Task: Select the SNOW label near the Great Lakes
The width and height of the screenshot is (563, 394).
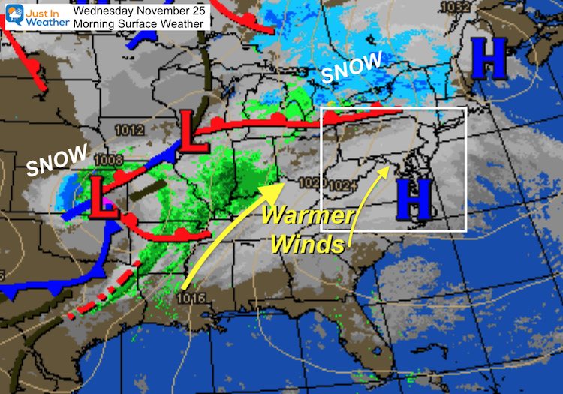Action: (x=351, y=68)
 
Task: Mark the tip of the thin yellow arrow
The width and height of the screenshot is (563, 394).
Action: (x=389, y=167)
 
